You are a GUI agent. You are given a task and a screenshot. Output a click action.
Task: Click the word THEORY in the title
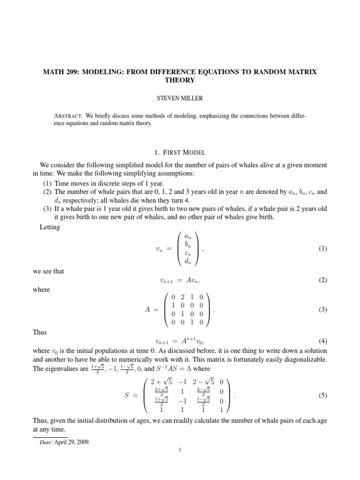pyautogui.click(x=180, y=80)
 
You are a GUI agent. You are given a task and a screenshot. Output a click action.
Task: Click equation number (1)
pyautogui.click(x=322, y=249)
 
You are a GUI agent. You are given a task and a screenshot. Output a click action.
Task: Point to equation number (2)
pyautogui.click(x=322, y=280)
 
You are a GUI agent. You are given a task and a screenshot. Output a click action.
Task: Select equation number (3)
pyautogui.click(x=322, y=310)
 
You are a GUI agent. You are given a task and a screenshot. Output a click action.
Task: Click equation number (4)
pyautogui.click(x=322, y=340)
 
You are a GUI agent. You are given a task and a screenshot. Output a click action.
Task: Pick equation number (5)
pyautogui.click(x=322, y=395)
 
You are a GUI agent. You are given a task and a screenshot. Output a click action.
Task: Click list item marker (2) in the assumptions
pyautogui.click(x=48, y=192)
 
